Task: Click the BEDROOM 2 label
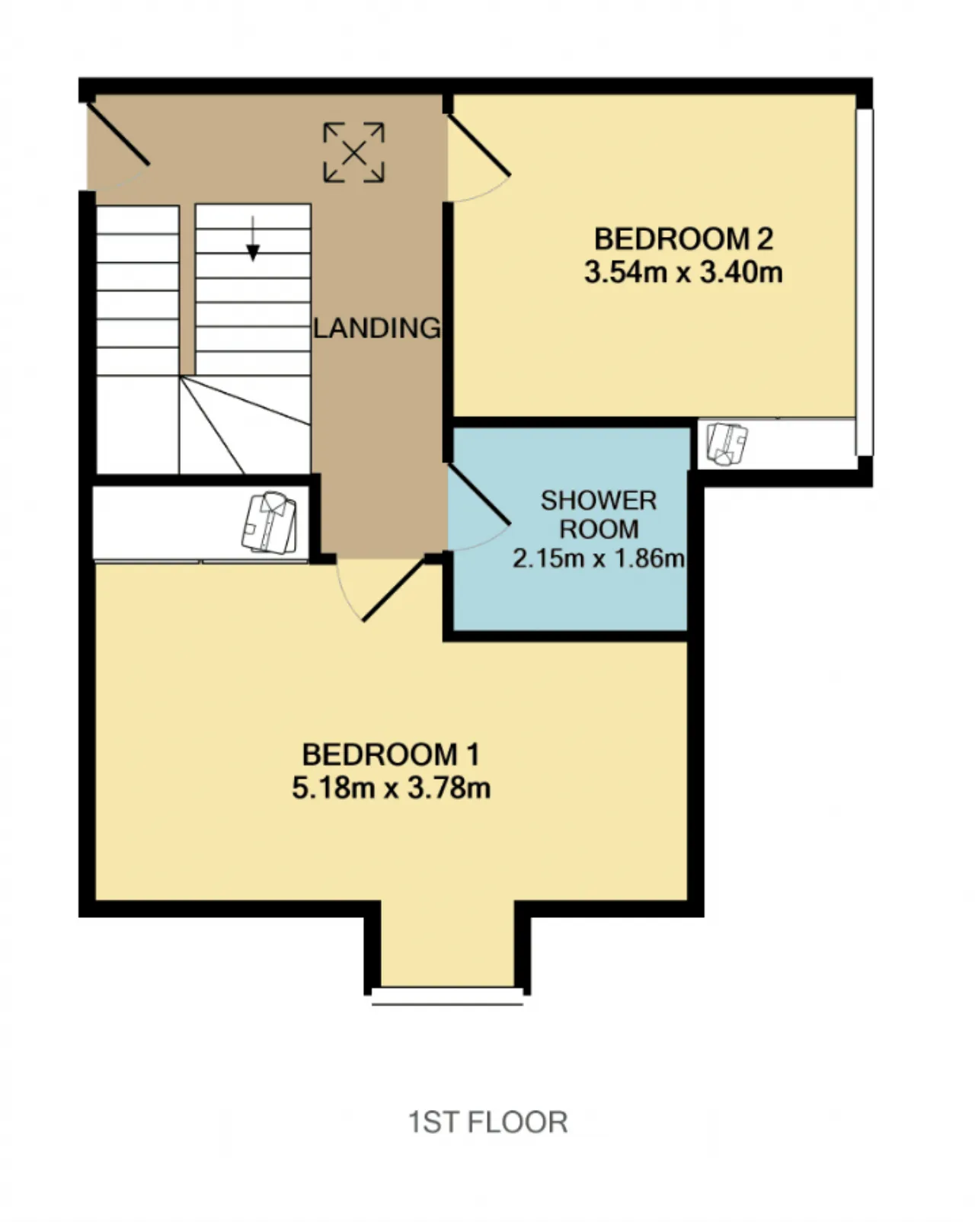(683, 239)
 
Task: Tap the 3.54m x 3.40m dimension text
(683, 273)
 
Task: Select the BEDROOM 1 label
(391, 755)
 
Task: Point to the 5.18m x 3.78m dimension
(391, 789)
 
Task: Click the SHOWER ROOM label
(599, 515)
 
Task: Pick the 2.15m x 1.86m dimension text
(599, 558)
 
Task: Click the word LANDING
(377, 328)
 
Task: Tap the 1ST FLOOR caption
(487, 1123)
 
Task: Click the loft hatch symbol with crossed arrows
(353, 152)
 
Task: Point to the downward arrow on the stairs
(253, 238)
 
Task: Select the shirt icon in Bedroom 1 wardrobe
(269, 523)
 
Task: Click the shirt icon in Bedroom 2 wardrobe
(727, 444)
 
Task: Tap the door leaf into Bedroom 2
(479, 146)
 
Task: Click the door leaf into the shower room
(479, 494)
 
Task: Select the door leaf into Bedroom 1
(394, 590)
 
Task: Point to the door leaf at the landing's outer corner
(118, 134)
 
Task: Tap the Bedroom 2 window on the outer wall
(865, 282)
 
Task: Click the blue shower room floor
(571, 602)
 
